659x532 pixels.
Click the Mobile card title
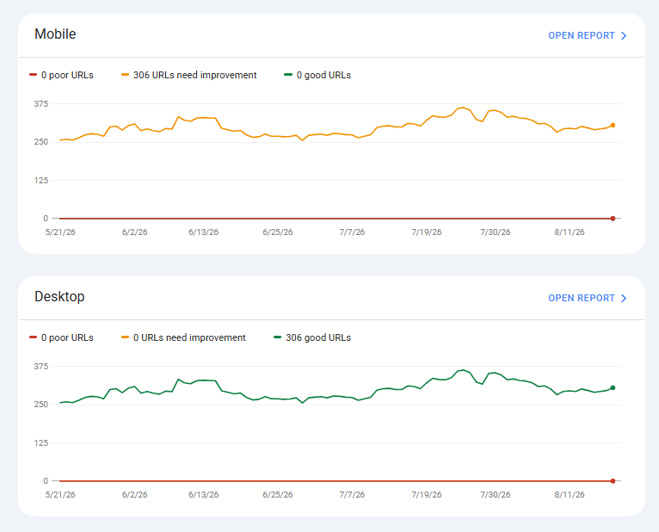55,34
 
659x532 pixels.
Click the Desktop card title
59,296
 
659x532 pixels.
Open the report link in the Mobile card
587,36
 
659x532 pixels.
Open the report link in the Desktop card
587,298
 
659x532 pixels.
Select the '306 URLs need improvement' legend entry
188,75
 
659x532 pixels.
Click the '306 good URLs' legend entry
312,337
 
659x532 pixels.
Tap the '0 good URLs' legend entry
317,75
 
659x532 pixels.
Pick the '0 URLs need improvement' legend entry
183,337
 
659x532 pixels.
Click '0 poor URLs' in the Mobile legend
61,75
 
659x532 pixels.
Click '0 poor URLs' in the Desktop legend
61,337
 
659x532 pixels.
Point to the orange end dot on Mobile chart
613,126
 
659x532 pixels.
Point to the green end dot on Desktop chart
613,387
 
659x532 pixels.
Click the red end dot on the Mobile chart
613,219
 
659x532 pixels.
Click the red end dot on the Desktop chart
613,481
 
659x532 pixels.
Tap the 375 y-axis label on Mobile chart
41,104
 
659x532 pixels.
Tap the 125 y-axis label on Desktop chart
41,442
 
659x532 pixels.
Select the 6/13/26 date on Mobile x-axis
203,232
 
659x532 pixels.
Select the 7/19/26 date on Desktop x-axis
427,495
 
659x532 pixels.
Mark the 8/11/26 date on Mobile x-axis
570,232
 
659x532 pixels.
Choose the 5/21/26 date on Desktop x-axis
60,495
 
